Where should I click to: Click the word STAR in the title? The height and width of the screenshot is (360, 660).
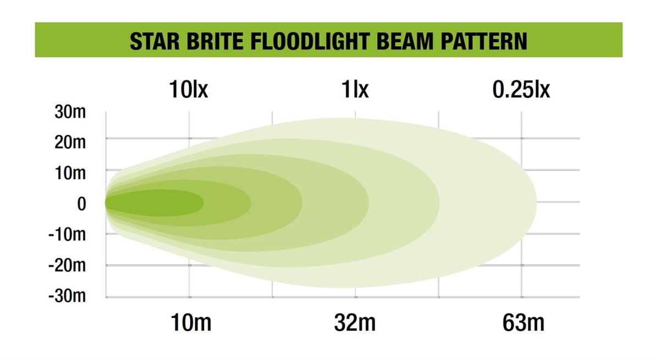click(x=155, y=41)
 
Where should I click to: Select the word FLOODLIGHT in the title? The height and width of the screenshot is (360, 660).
click(x=310, y=41)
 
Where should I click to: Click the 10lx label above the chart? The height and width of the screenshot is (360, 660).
click(x=189, y=89)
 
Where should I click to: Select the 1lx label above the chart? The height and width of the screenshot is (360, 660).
click(x=355, y=89)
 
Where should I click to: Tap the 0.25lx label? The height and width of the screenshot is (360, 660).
click(x=521, y=89)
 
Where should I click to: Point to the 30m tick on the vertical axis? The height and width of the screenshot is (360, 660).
click(x=70, y=112)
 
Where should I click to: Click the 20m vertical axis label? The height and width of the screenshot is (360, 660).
click(x=70, y=142)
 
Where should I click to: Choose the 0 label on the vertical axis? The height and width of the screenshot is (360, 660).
click(x=81, y=204)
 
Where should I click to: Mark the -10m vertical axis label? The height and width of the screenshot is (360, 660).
click(x=67, y=235)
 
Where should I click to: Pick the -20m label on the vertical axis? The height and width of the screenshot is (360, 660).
click(x=67, y=265)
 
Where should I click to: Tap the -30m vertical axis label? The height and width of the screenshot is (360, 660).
click(x=67, y=296)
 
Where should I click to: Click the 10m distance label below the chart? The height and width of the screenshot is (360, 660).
click(x=191, y=323)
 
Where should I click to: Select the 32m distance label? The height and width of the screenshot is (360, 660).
click(x=355, y=323)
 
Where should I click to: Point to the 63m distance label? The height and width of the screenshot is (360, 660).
click(x=523, y=323)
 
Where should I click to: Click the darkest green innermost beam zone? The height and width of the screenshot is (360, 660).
click(x=155, y=203)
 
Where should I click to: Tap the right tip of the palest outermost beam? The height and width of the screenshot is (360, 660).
click(x=537, y=203)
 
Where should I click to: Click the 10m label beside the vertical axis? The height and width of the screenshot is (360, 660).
click(x=70, y=173)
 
